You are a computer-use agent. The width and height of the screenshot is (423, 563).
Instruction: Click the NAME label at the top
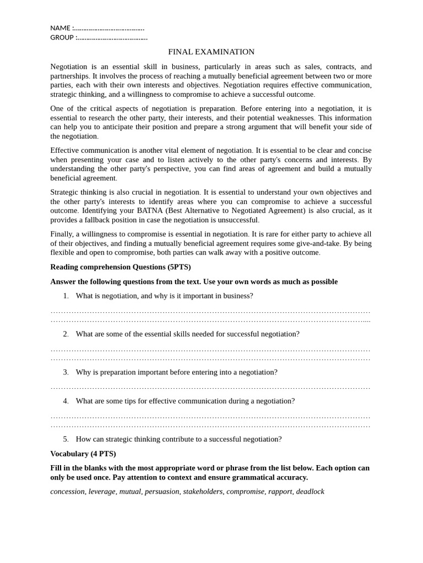pyautogui.click(x=60, y=28)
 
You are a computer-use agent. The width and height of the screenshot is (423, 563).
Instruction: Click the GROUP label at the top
pyautogui.click(x=62, y=37)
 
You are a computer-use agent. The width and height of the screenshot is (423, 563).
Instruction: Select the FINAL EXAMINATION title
pyautogui.click(x=211, y=52)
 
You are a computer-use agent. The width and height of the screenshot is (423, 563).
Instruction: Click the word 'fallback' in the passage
pyautogui.click(x=95, y=220)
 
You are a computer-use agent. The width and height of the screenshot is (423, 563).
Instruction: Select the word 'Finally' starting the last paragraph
pyautogui.click(x=62, y=234)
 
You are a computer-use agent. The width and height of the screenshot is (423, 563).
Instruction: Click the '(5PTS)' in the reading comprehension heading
pyautogui.click(x=179, y=267)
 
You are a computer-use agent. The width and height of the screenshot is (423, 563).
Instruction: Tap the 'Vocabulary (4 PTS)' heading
pyautogui.click(x=83, y=454)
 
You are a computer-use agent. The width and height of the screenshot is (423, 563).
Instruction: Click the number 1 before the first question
pyautogui.click(x=66, y=296)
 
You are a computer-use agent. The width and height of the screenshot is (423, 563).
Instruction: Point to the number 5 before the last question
pyautogui.click(x=66, y=439)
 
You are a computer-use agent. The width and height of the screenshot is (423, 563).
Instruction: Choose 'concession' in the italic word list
pyautogui.click(x=67, y=492)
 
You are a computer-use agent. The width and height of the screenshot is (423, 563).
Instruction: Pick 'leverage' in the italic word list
pyautogui.click(x=102, y=492)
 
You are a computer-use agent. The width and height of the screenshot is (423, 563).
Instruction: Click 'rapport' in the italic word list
pyautogui.click(x=280, y=492)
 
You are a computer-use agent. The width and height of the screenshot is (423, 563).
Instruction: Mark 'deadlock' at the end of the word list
pyautogui.click(x=310, y=492)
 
